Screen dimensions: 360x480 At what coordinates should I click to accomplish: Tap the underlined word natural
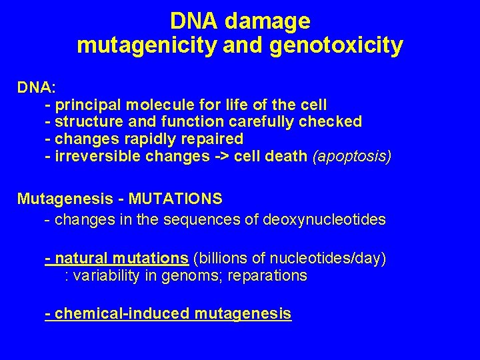point(83,258)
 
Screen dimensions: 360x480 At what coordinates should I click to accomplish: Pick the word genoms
point(189,275)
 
